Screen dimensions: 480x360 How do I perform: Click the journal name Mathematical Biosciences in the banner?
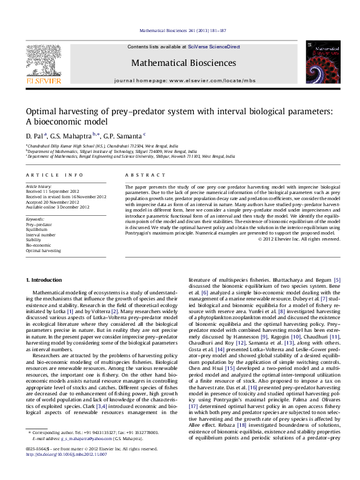[x=180, y=63]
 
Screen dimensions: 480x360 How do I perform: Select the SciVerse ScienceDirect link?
[x=214, y=47]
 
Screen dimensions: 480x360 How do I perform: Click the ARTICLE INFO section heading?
[x=47, y=175]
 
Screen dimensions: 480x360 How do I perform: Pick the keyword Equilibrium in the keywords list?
[x=37, y=229]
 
